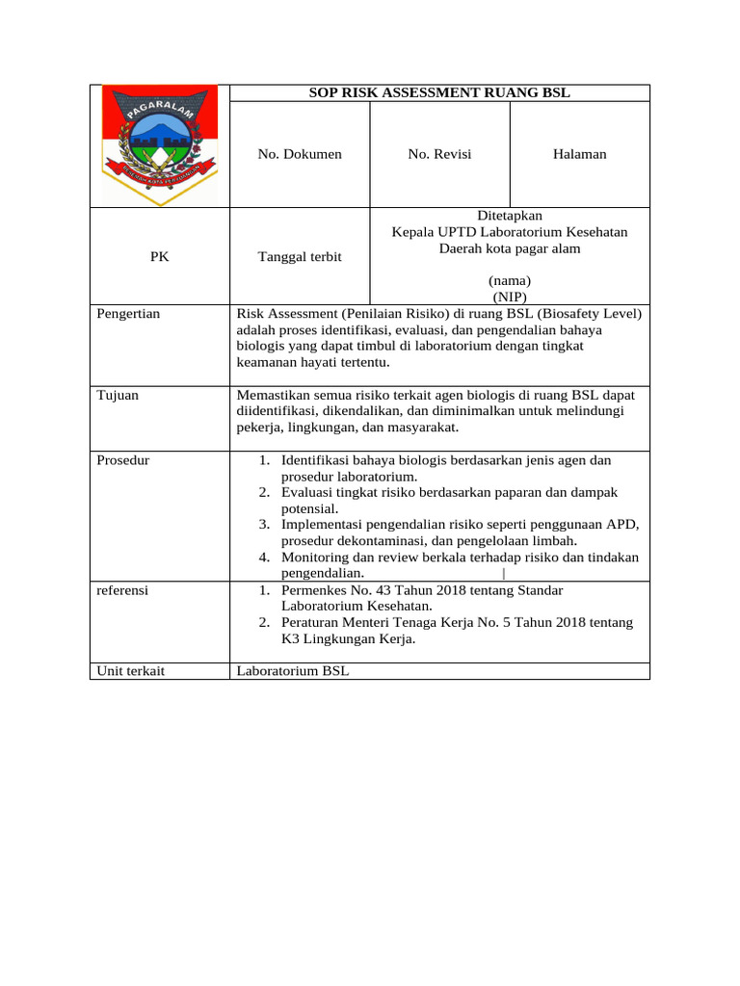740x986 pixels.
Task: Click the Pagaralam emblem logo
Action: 160,144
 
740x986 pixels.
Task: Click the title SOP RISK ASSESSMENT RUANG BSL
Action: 438,93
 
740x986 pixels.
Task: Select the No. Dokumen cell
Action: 300,154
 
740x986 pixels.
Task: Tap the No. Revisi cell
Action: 439,154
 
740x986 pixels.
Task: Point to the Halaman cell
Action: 579,154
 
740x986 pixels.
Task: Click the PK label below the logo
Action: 160,257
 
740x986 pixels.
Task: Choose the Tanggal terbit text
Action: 300,257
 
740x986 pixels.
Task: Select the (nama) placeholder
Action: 509,280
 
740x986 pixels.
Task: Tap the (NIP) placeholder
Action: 509,297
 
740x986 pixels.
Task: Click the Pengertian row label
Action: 128,313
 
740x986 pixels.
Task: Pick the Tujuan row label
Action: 117,395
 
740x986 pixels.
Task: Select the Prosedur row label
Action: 123,460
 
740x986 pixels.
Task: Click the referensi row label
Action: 122,589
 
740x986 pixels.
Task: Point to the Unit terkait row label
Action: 131,670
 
